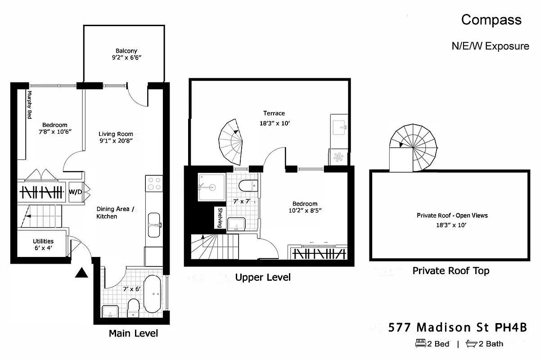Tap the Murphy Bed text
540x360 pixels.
pyautogui.click(x=29, y=105)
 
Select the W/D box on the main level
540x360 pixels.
pyautogui.click(x=75, y=192)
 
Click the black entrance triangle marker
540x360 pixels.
pyautogui.click(x=81, y=273)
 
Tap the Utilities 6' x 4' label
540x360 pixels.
pyautogui.click(x=43, y=245)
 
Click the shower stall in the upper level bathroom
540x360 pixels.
pyautogui.click(x=211, y=187)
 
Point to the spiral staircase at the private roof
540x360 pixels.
pyautogui.click(x=413, y=148)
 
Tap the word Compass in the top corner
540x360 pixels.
pyautogui.click(x=491, y=20)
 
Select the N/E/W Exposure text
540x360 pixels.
pyautogui.click(x=490, y=46)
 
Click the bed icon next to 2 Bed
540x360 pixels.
pyautogui.click(x=420, y=343)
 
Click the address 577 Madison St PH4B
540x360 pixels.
pyautogui.click(x=457, y=327)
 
